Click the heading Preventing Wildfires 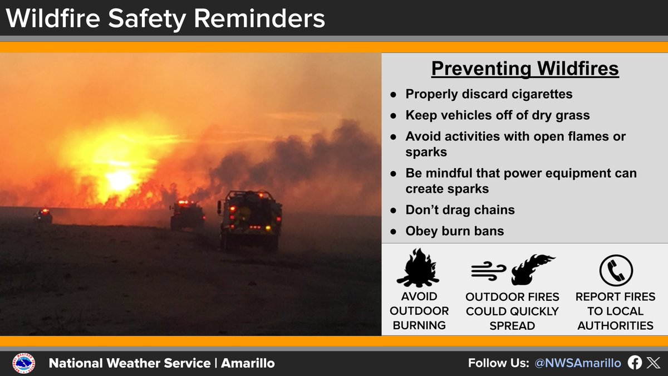(525, 69)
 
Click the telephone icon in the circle (616, 271)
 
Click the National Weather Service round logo (24, 364)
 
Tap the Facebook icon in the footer (635, 363)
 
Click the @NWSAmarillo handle (577, 363)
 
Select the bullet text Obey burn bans (454, 231)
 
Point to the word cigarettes (538, 94)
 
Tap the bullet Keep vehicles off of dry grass (497, 115)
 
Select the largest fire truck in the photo (250, 219)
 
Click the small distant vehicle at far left (43, 216)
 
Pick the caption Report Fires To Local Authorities (615, 311)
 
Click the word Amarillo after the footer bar (248, 364)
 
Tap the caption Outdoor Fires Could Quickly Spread (512, 311)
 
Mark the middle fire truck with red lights (187, 214)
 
